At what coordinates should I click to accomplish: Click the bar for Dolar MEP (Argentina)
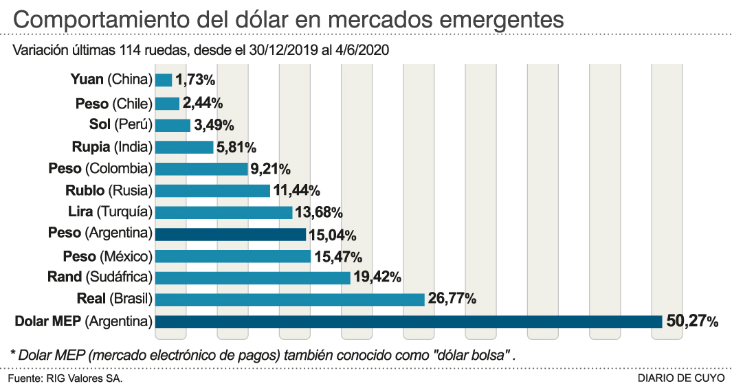408,321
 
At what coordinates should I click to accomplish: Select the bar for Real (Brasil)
289,299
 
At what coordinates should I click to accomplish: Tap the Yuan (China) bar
164,80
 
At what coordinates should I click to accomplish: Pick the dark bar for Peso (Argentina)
230,234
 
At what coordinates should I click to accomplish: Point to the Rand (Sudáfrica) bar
253,277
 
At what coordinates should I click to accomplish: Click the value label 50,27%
691,321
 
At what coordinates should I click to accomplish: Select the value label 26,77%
451,299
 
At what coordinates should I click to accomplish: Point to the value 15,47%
337,256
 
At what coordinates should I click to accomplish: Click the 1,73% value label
195,80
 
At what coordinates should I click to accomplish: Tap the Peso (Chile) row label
113,103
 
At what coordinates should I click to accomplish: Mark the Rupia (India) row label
111,146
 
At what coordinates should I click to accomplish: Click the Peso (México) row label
107,256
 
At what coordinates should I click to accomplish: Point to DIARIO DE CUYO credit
680,378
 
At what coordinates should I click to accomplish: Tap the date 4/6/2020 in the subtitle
364,51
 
